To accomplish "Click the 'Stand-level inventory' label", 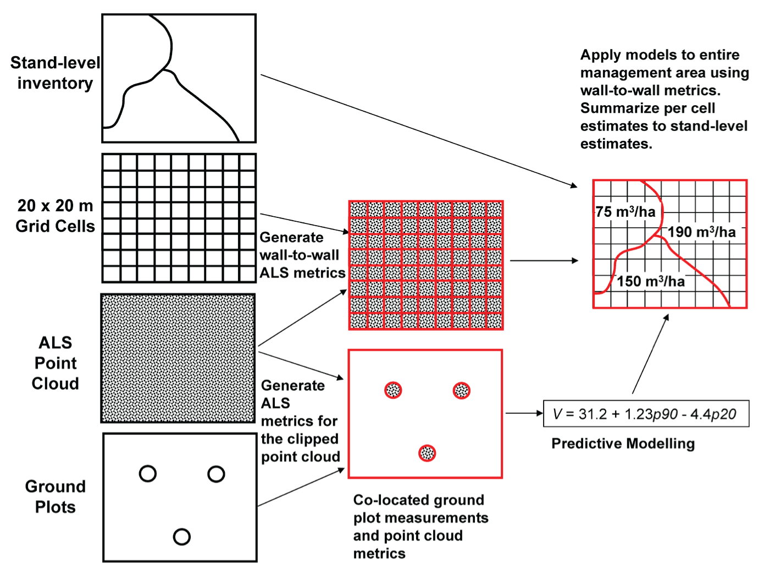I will (x=55, y=73).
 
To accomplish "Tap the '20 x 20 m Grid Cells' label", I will (x=55, y=216).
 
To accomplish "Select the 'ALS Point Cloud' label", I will (x=56, y=363).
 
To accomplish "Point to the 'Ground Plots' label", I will (x=56, y=496).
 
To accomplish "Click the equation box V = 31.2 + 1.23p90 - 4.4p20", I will (x=646, y=414).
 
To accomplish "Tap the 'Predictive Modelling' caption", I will (x=623, y=444).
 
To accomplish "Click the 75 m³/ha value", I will (x=625, y=212).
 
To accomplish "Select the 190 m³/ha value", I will (x=702, y=232).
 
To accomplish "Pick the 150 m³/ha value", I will (x=651, y=281).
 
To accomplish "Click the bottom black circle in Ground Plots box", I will (x=181, y=537).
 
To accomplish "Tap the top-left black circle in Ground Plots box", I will (x=148, y=473).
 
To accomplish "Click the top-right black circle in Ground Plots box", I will (x=216, y=474).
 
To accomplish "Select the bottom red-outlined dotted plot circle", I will (x=427, y=453).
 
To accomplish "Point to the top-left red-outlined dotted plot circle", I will (x=393, y=390).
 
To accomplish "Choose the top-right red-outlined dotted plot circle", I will (x=461, y=391).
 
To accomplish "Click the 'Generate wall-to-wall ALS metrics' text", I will (x=302, y=255).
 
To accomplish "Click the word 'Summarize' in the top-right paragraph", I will (x=615, y=108).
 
